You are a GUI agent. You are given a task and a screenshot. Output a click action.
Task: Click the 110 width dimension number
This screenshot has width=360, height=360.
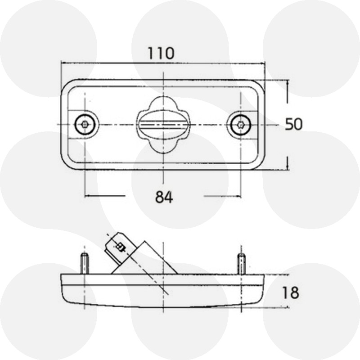coord(161,53)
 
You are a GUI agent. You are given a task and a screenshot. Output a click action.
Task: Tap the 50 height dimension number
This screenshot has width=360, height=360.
coord(294,124)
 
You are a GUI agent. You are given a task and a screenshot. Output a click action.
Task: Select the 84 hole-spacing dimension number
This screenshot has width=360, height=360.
coord(164,197)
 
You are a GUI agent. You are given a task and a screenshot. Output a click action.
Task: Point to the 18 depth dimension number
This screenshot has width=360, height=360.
coord(290,293)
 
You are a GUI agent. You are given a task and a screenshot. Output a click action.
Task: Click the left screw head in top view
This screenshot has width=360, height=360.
coord(85,125)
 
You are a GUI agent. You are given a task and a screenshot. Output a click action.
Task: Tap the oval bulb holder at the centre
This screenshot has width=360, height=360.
coord(163,125)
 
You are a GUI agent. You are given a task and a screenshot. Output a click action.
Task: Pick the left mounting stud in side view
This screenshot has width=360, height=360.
coord(85,263)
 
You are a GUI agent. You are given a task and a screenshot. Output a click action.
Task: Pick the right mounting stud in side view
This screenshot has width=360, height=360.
coord(241,264)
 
